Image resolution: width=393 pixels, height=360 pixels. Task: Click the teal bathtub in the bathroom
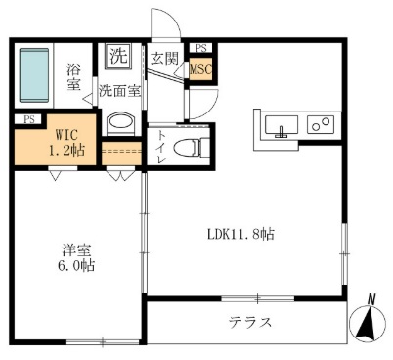click(37, 76)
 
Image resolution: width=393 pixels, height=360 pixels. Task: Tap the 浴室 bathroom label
click(73, 77)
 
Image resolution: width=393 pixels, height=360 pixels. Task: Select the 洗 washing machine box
click(118, 56)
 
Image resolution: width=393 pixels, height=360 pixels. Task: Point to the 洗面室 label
click(119, 91)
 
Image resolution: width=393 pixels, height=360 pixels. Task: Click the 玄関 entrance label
click(163, 58)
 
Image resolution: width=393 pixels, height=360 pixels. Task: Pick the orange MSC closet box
click(200, 69)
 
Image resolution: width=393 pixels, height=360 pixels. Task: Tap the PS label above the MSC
click(201, 47)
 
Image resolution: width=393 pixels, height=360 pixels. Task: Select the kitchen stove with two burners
click(320, 124)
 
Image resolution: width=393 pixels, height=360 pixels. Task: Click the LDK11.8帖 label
click(240, 235)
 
